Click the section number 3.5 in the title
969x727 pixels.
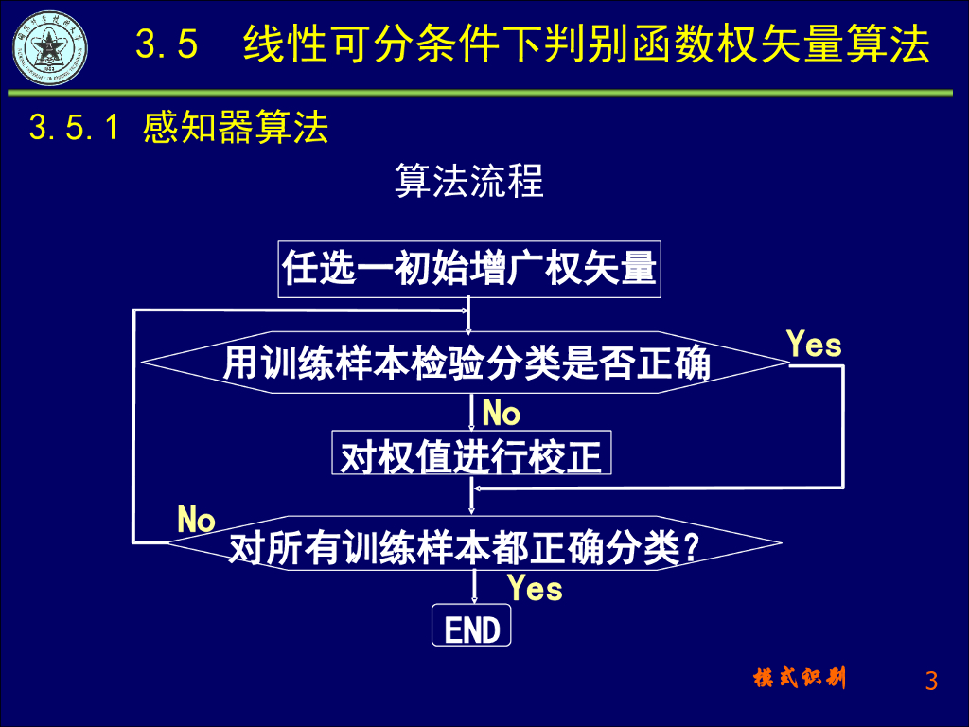(x=167, y=45)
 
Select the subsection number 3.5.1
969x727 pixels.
(x=74, y=128)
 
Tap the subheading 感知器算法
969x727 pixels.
(x=236, y=128)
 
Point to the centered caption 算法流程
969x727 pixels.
(x=468, y=181)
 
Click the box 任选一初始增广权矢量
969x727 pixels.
(x=468, y=269)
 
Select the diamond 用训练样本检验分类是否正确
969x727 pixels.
(x=467, y=363)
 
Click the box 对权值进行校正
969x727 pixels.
(x=470, y=454)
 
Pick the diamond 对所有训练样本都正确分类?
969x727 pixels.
(x=464, y=546)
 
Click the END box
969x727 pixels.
(x=471, y=628)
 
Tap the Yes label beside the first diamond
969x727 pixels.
(x=814, y=346)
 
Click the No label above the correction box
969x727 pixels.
(x=501, y=414)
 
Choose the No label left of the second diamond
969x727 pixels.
(x=197, y=520)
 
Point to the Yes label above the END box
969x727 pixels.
(x=535, y=589)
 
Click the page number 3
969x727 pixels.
(x=931, y=681)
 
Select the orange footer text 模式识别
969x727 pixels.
(x=801, y=678)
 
